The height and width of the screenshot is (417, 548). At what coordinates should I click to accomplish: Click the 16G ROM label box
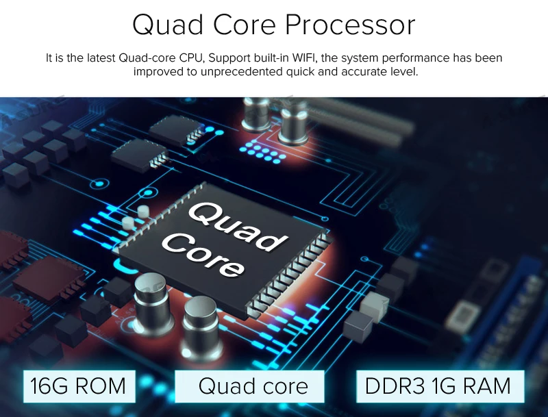coord(78,386)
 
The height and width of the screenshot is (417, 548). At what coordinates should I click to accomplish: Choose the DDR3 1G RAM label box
coord(438,386)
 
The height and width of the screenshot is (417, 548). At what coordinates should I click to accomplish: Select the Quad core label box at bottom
coord(253,387)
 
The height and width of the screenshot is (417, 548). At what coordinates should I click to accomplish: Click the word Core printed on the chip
coord(206,254)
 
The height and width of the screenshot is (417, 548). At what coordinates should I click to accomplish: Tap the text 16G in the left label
coord(49,386)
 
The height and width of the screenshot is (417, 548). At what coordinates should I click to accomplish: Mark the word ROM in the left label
coord(101,386)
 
